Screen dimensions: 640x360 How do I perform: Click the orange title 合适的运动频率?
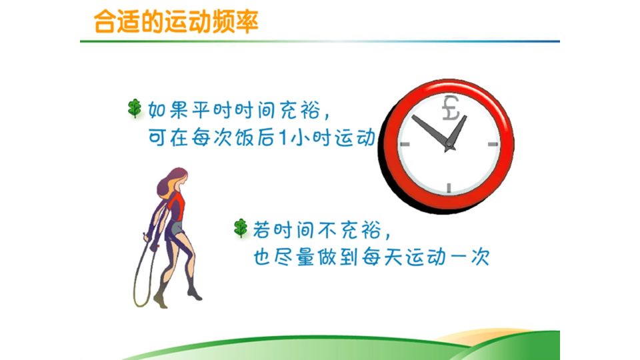click(x=176, y=21)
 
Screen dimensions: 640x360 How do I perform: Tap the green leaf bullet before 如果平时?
click(x=134, y=108)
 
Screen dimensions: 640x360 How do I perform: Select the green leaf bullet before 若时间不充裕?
click(x=241, y=228)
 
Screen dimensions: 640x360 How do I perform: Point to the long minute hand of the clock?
click(x=430, y=131)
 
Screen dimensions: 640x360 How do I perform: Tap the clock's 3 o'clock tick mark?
click(x=493, y=144)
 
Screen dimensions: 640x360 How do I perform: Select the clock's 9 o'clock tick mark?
click(x=405, y=144)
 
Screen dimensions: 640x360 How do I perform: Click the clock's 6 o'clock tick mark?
click(x=449, y=188)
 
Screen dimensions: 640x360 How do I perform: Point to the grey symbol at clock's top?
click(x=451, y=108)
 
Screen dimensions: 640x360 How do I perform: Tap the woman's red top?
click(x=176, y=206)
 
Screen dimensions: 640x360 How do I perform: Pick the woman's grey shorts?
click(x=175, y=229)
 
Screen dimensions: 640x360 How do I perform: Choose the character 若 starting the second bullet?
click(x=262, y=230)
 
